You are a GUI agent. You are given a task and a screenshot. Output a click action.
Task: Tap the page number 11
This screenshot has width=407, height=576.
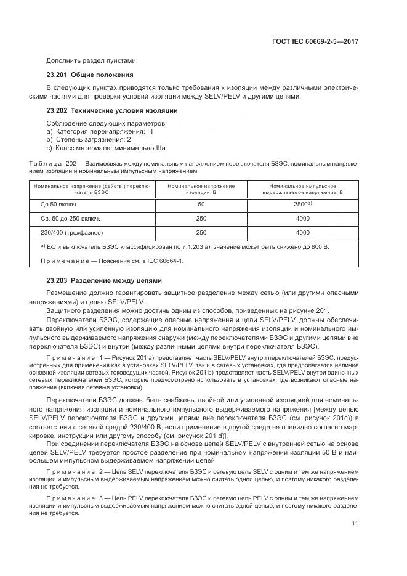355,524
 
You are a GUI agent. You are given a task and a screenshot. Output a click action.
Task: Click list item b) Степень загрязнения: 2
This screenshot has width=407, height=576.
89,140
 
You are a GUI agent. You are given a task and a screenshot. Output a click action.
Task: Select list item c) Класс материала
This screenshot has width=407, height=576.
106,148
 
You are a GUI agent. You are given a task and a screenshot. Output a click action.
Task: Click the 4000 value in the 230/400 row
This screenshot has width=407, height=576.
302,233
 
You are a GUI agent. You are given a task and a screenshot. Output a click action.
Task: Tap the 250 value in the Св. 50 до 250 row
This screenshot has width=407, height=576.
201,218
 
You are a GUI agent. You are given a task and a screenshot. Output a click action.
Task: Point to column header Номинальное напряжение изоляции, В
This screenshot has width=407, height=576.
201,189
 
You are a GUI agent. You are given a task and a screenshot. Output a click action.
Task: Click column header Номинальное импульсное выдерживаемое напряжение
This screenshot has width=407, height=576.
302,189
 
